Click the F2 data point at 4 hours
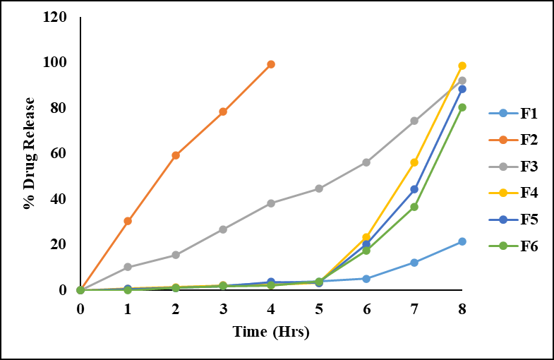[271, 64]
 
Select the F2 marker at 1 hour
[128, 221]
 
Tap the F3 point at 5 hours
[319, 188]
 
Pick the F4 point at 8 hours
[462, 66]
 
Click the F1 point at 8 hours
[462, 241]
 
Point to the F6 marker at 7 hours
[414, 207]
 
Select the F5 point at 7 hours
[414, 189]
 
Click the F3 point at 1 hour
[128, 267]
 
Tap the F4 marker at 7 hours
[414, 162]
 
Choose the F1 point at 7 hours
[414, 263]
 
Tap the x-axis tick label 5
[319, 309]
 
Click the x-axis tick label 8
[462, 309]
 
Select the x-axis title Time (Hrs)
[272, 330]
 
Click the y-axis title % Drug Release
[29, 153]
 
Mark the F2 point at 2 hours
[176, 155]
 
